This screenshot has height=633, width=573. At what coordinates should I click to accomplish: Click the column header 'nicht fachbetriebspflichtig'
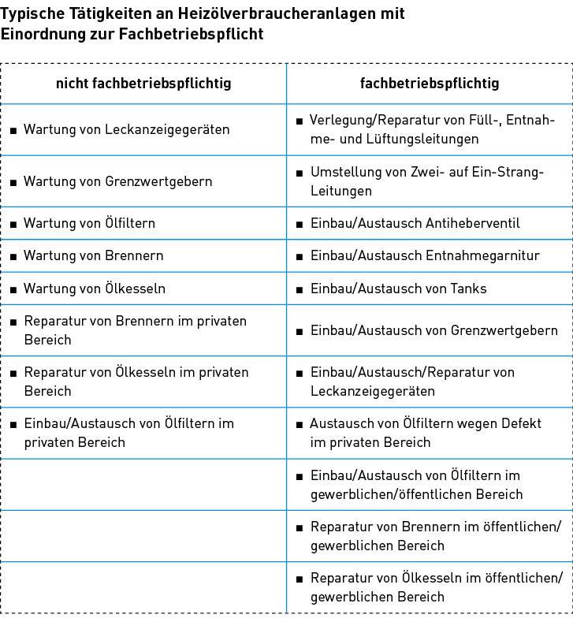143,83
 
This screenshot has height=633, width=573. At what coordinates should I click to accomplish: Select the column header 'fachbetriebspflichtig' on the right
430,83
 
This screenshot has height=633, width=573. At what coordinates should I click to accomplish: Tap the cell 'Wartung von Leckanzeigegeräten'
126,129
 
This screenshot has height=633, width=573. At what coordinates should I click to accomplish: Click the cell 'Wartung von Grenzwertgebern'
117,181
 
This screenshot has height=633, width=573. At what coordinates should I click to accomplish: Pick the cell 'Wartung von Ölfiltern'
89,223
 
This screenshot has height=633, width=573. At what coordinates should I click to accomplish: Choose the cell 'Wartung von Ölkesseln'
94,289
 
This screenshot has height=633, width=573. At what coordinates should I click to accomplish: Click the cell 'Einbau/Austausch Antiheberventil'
415,223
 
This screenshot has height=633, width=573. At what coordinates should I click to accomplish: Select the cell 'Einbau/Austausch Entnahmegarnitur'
424,256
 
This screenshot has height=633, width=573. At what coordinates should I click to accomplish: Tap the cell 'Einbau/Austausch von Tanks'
398,289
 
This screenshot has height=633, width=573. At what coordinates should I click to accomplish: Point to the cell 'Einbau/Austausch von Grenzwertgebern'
433,330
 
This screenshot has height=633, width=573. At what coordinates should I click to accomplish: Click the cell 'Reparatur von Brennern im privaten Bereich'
135,330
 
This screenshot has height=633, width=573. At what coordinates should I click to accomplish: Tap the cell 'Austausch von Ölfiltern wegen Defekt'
426,433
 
